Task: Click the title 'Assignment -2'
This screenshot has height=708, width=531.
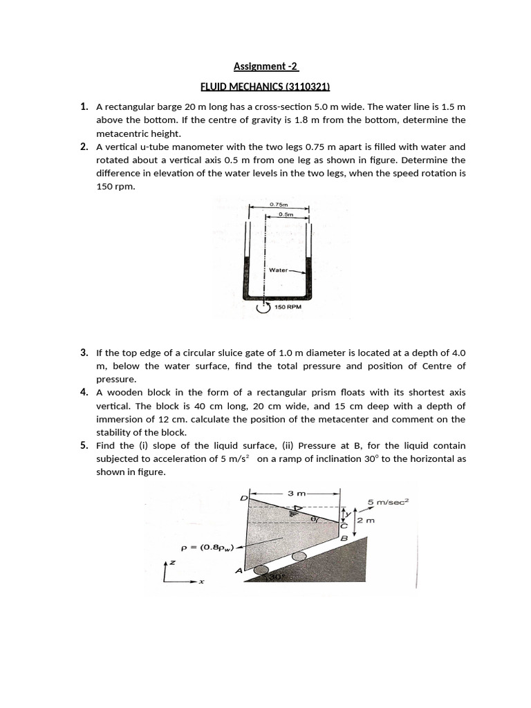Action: (x=265, y=67)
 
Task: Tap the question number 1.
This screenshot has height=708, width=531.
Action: (x=84, y=106)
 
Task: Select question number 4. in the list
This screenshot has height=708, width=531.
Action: (x=84, y=392)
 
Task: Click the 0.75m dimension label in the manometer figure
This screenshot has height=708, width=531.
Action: (x=279, y=205)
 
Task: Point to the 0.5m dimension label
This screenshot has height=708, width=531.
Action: (x=286, y=214)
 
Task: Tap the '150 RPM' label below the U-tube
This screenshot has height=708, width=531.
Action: (x=288, y=306)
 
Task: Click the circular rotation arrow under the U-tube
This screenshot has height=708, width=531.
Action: (x=263, y=308)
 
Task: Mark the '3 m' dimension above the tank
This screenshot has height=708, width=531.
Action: (x=296, y=493)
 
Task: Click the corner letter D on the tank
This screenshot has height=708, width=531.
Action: (x=243, y=498)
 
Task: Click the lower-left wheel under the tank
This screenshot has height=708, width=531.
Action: (x=261, y=570)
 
